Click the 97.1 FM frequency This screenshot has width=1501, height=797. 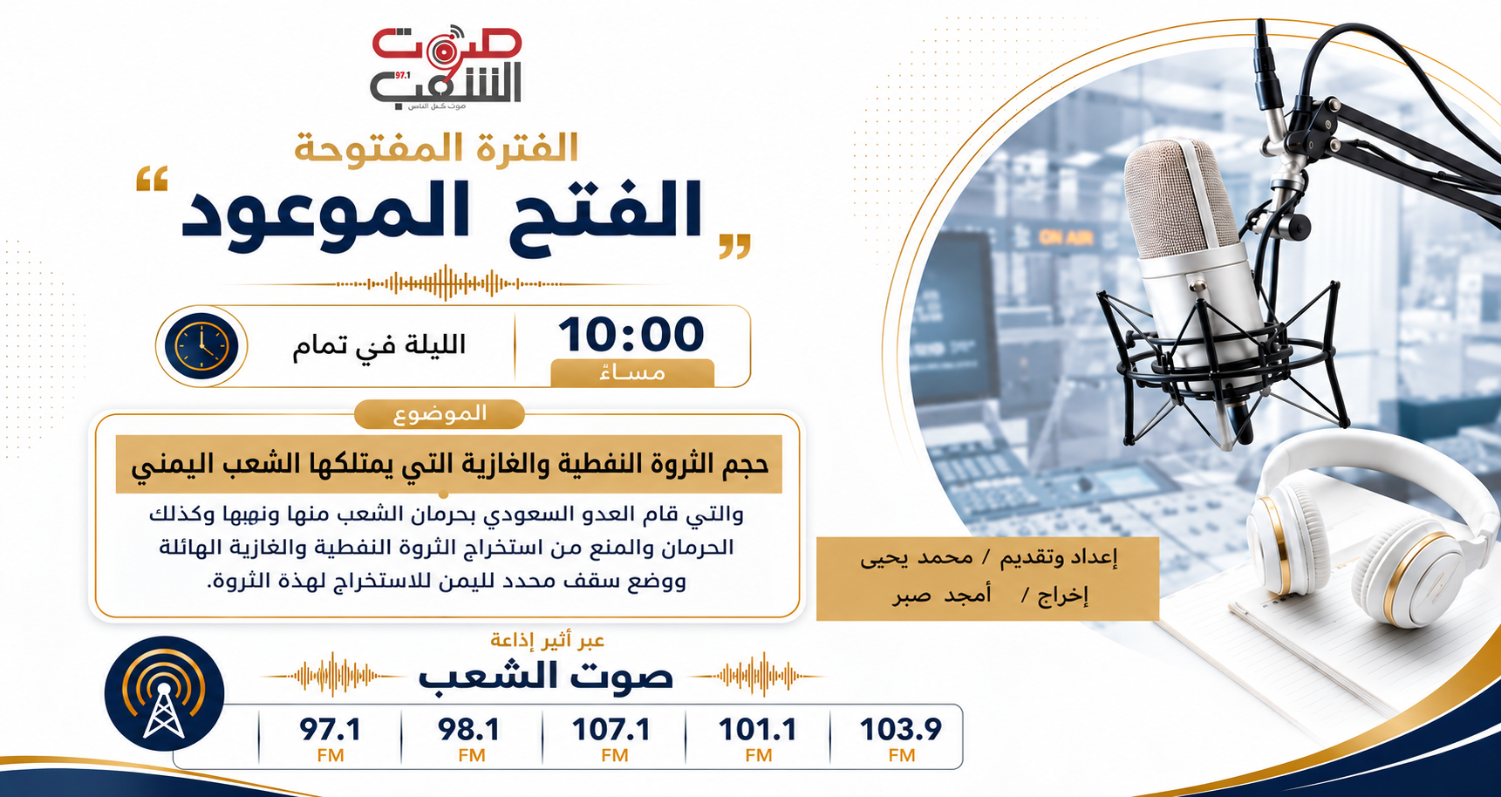point(331,739)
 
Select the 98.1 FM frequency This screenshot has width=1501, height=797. point(470,739)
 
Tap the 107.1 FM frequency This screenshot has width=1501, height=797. point(612,739)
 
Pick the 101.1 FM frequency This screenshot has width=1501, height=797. point(758,739)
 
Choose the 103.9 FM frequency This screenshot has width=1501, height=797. point(901,739)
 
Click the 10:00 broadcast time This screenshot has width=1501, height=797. point(631,335)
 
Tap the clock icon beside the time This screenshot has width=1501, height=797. point(201,346)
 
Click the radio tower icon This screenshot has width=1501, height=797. point(164,694)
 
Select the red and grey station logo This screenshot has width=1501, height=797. point(446,68)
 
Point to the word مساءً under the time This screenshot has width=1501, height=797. point(633,373)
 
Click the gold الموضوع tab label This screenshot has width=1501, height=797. point(440,414)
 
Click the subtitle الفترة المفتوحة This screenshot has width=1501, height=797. point(436,147)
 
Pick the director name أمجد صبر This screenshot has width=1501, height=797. point(942,596)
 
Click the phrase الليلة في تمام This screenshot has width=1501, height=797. point(379,345)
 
